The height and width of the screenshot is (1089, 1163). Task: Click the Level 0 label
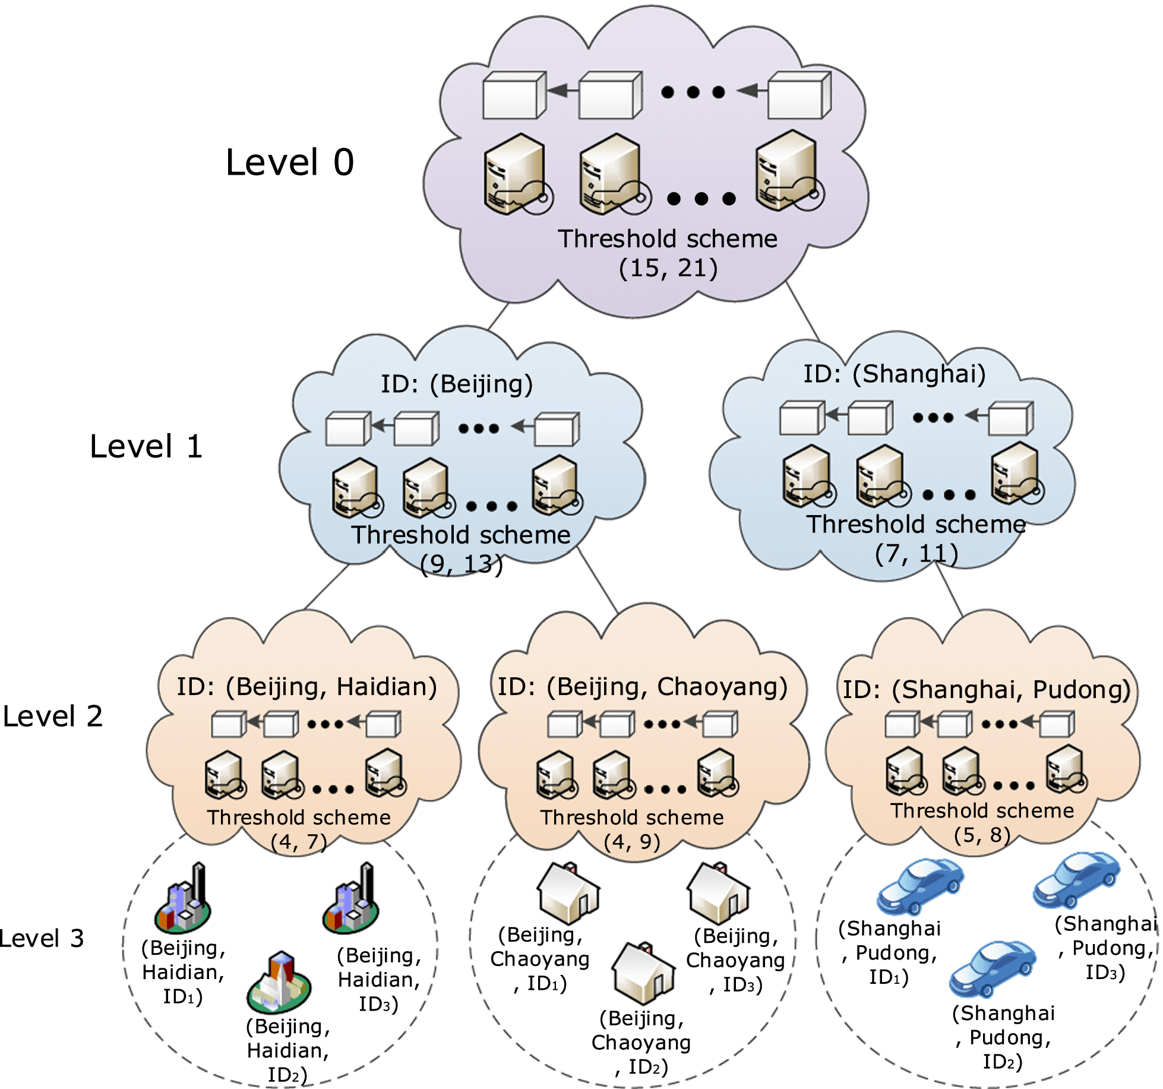(x=290, y=162)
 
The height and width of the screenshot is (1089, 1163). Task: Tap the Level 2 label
(x=52, y=716)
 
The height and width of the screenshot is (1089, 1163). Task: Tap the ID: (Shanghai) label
(x=895, y=374)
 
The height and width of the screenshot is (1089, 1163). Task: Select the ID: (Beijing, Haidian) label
(x=306, y=687)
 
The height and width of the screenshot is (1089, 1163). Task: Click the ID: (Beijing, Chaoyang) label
(x=642, y=687)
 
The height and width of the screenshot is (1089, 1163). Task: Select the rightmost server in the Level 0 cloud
(x=787, y=172)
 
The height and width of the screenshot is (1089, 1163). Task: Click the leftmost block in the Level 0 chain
(x=514, y=96)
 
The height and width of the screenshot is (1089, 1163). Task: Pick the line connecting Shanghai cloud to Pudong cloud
(x=949, y=588)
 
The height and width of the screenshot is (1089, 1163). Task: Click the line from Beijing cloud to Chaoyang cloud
(x=597, y=579)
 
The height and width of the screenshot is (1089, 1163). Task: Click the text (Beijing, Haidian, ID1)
(x=183, y=973)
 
